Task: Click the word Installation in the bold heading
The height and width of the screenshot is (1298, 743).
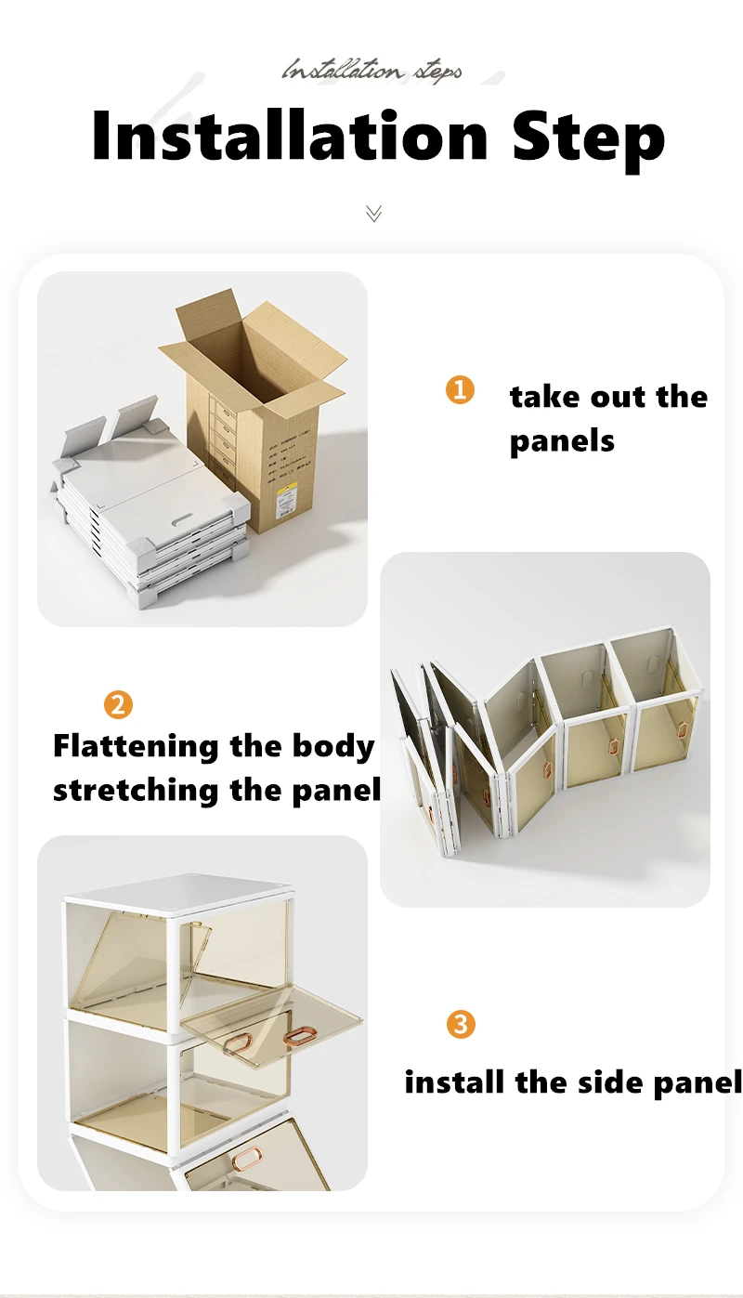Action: [x=290, y=137]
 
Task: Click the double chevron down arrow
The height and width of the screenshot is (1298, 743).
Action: [x=373, y=214]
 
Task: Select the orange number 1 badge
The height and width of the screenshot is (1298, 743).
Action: [x=460, y=389]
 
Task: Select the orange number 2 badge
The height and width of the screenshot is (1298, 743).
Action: [x=117, y=705]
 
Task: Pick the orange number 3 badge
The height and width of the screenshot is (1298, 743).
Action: [x=461, y=1025]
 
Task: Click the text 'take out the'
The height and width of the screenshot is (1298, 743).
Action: [x=608, y=397]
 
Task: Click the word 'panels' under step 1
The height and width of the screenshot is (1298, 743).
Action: [x=562, y=440]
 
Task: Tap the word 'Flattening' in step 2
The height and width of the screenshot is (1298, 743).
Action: [x=135, y=746]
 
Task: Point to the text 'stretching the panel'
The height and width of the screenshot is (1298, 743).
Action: [x=216, y=790]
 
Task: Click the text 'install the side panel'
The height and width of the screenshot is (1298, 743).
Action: [x=573, y=1082]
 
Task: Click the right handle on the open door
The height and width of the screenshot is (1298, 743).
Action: [x=299, y=1035]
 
